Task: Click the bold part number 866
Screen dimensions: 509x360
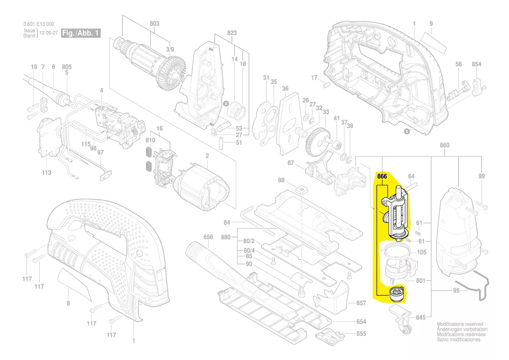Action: (x=382, y=177)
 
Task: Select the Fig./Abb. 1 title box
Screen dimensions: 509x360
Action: (x=81, y=33)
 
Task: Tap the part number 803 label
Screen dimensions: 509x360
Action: (x=155, y=24)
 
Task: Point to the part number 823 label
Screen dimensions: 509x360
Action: (x=232, y=33)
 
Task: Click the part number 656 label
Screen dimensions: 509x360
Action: (x=208, y=237)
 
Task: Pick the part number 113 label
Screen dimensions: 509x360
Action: (x=47, y=173)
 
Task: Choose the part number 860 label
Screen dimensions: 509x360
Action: (x=445, y=145)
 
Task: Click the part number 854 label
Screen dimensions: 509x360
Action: (x=476, y=65)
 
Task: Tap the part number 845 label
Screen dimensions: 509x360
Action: (x=420, y=317)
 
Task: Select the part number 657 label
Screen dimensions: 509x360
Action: (x=361, y=303)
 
